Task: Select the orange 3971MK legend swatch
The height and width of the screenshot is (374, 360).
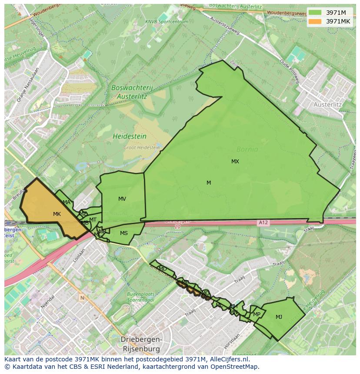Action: click(x=315, y=21)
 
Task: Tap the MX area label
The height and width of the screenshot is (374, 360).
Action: click(x=235, y=162)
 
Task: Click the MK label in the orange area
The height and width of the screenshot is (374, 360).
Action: click(x=57, y=214)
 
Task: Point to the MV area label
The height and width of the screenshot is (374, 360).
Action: click(x=122, y=199)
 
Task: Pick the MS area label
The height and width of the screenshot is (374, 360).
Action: click(x=124, y=233)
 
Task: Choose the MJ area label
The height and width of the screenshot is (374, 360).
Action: click(x=279, y=317)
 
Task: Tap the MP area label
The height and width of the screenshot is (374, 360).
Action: click(x=257, y=314)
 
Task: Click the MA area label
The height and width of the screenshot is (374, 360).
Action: click(x=67, y=202)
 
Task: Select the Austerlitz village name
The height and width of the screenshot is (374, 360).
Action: click(x=327, y=105)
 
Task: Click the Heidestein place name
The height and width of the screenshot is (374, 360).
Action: click(x=130, y=136)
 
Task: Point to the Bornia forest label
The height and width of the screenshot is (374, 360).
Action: click(x=247, y=149)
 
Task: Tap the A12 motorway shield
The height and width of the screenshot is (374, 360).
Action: click(x=263, y=223)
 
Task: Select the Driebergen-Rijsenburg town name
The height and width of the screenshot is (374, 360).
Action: click(x=141, y=344)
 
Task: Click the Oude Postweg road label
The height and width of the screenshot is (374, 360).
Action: click(x=290, y=71)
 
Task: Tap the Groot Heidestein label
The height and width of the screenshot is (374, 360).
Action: click(x=141, y=148)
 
